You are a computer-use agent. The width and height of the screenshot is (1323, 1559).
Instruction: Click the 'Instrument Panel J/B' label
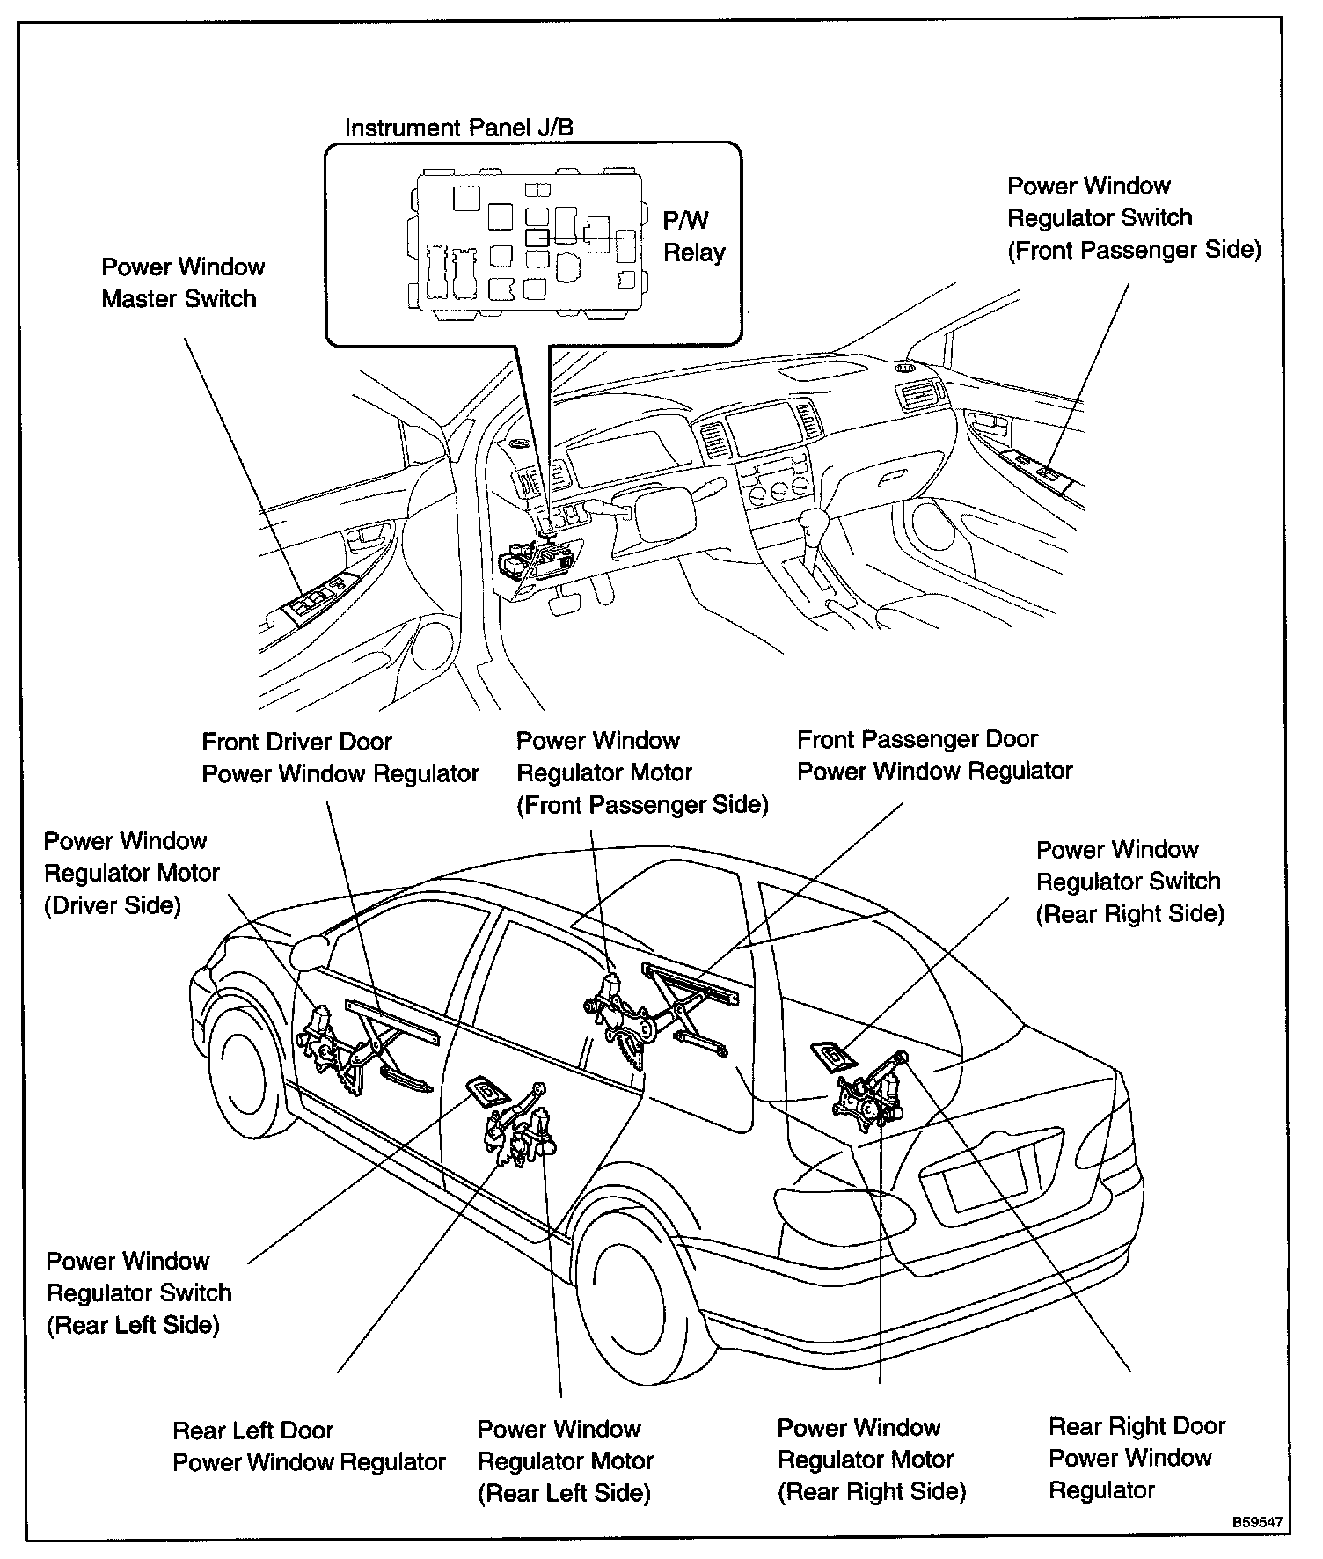point(458,128)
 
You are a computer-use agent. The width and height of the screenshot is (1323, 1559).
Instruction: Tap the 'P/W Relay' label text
point(693,237)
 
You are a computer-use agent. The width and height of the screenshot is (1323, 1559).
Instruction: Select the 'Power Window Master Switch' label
point(183,282)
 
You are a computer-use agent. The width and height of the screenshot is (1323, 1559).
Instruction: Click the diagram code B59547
point(1256,1521)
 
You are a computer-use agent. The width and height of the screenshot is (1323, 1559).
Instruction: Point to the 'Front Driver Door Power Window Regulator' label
point(340,758)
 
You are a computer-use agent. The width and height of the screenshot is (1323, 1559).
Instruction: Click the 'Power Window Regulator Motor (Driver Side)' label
point(131,874)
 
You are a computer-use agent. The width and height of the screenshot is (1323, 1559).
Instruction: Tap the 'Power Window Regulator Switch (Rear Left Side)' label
point(139,1293)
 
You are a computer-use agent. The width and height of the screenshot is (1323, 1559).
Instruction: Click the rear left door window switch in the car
point(486,1092)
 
